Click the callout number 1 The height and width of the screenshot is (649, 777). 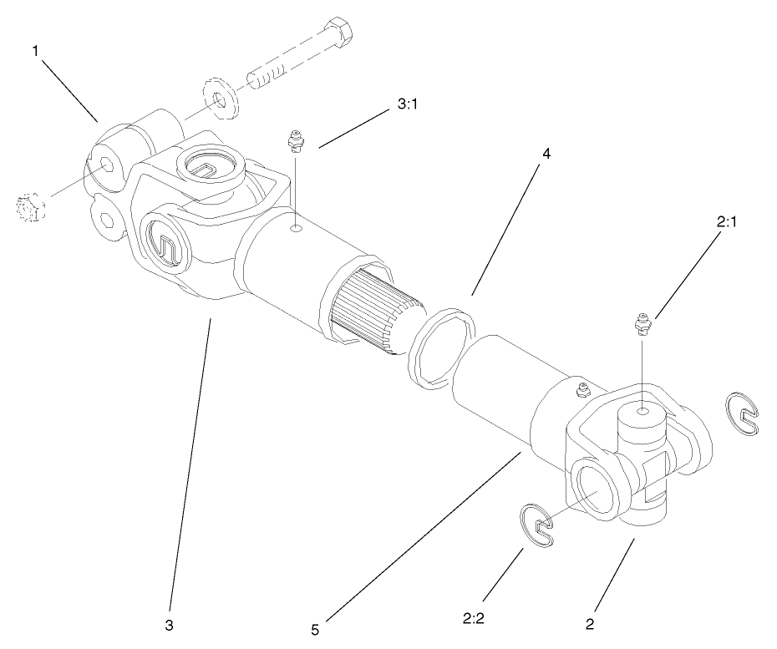(36, 52)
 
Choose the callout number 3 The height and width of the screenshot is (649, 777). (170, 624)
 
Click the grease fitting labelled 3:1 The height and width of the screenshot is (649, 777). (295, 141)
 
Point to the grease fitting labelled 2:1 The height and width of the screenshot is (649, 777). (641, 322)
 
